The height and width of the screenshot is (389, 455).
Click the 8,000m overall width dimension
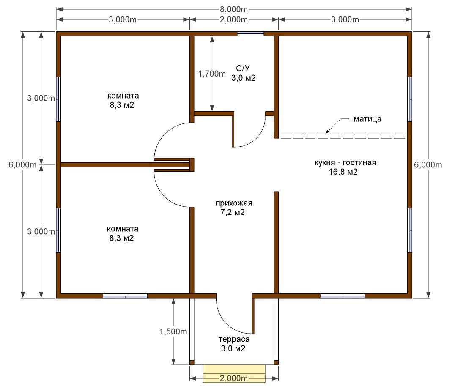click(x=233, y=10)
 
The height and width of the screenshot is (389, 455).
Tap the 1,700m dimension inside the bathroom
click(x=212, y=74)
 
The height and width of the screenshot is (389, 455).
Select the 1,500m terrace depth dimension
click(x=173, y=331)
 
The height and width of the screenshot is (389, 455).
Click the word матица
click(x=367, y=119)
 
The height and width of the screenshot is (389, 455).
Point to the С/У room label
click(x=243, y=68)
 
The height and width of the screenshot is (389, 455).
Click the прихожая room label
click(x=234, y=203)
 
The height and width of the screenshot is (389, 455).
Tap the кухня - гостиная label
click(x=345, y=162)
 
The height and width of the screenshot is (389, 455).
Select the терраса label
click(x=234, y=339)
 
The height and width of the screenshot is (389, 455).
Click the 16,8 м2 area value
click(x=343, y=172)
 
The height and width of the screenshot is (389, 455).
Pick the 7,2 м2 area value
click(x=233, y=213)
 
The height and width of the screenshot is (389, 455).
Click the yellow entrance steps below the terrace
click(x=234, y=374)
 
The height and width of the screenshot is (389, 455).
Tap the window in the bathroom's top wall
click(x=250, y=34)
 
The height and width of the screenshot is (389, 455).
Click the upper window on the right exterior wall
click(x=409, y=99)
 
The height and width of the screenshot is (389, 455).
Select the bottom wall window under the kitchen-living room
click(x=343, y=296)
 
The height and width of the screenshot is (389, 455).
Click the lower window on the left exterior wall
click(x=58, y=230)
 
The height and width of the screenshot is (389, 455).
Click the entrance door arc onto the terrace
click(x=229, y=321)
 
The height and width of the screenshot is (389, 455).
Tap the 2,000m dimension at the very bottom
click(x=233, y=378)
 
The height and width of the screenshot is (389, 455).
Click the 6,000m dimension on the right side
click(x=428, y=165)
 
